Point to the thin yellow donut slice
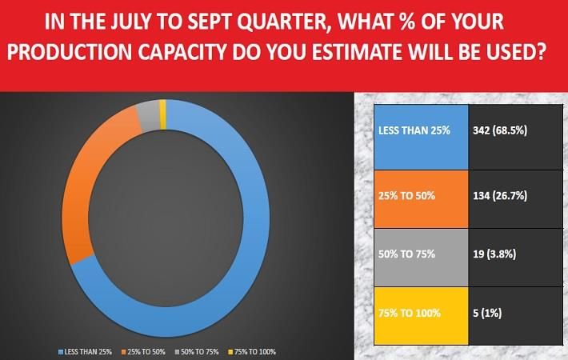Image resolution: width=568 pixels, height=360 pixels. (162, 114)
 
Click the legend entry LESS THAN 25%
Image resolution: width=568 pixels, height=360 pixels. (85, 352)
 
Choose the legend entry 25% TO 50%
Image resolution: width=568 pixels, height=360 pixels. (143, 352)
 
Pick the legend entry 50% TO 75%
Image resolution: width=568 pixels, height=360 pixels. (197, 352)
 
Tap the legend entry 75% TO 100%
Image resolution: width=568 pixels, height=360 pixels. (252, 352)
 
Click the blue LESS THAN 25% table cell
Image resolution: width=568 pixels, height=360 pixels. (421, 138)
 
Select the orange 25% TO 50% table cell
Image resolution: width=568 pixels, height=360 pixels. (421, 199)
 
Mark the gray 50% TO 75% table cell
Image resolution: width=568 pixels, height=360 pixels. (421, 258)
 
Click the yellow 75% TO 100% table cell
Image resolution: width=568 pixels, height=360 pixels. (421, 316)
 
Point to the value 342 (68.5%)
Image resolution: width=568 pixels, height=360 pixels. (500, 130)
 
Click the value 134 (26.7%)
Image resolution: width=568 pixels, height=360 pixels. (500, 196)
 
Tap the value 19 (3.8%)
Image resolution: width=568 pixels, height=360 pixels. (494, 254)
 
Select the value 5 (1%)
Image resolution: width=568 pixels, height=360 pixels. (487, 313)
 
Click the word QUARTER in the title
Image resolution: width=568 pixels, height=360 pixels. (282, 22)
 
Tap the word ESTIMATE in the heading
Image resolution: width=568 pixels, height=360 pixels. (357, 52)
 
